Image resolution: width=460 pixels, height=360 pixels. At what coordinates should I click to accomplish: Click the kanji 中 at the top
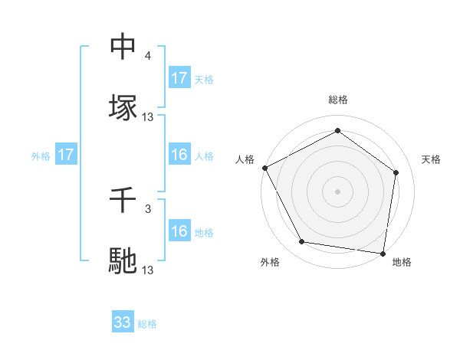tap(123, 47)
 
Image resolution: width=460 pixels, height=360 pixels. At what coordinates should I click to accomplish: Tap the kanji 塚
tap(123, 106)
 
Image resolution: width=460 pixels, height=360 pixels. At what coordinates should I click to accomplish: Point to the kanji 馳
tap(123, 260)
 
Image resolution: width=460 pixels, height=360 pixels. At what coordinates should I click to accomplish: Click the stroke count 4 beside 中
tap(148, 56)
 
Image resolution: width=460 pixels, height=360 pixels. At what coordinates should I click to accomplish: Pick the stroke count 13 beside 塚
tap(148, 116)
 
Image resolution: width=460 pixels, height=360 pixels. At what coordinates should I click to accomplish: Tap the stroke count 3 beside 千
tap(148, 208)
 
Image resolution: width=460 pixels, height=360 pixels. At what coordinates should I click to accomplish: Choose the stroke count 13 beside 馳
tap(148, 270)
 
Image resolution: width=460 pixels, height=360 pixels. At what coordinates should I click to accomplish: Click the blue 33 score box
tap(123, 322)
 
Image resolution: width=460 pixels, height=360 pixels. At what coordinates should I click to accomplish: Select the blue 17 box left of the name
tap(66, 155)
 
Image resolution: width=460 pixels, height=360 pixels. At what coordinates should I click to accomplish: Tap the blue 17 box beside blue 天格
tap(179, 77)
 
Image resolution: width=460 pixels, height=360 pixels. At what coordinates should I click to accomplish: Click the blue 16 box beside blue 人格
tap(179, 155)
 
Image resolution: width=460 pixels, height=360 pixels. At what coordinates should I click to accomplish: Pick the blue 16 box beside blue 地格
tap(179, 231)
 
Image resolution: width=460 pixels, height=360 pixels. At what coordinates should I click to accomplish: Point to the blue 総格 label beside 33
tap(148, 324)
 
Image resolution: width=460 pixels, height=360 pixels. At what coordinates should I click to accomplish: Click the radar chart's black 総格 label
tap(338, 100)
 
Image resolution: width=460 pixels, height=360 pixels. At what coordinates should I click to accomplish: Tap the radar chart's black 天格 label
tap(432, 159)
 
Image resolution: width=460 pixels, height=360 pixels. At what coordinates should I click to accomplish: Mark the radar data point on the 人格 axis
tap(264, 168)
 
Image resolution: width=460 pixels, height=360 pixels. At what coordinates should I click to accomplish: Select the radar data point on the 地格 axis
tap(383, 253)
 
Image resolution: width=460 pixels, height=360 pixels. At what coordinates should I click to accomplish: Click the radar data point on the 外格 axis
tap(302, 243)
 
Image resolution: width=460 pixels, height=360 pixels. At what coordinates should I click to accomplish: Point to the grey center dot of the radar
tap(338, 191)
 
